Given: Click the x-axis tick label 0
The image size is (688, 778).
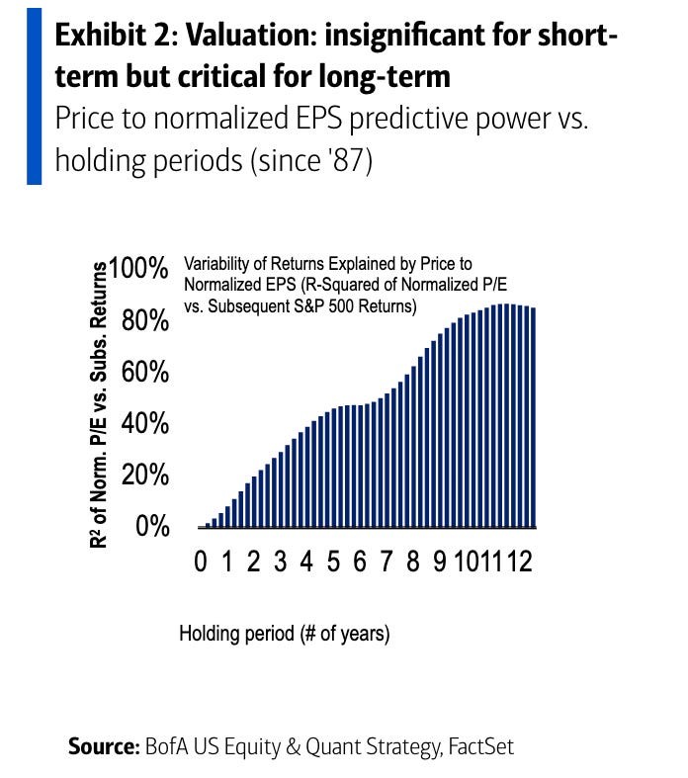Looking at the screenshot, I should (x=201, y=563).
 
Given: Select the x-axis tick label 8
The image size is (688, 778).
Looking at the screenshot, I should (x=413, y=563).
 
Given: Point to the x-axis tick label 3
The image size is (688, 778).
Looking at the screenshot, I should (x=281, y=563).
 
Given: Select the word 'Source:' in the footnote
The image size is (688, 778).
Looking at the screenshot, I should (x=103, y=746).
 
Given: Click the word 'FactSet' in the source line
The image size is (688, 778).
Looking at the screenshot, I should (x=479, y=746).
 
